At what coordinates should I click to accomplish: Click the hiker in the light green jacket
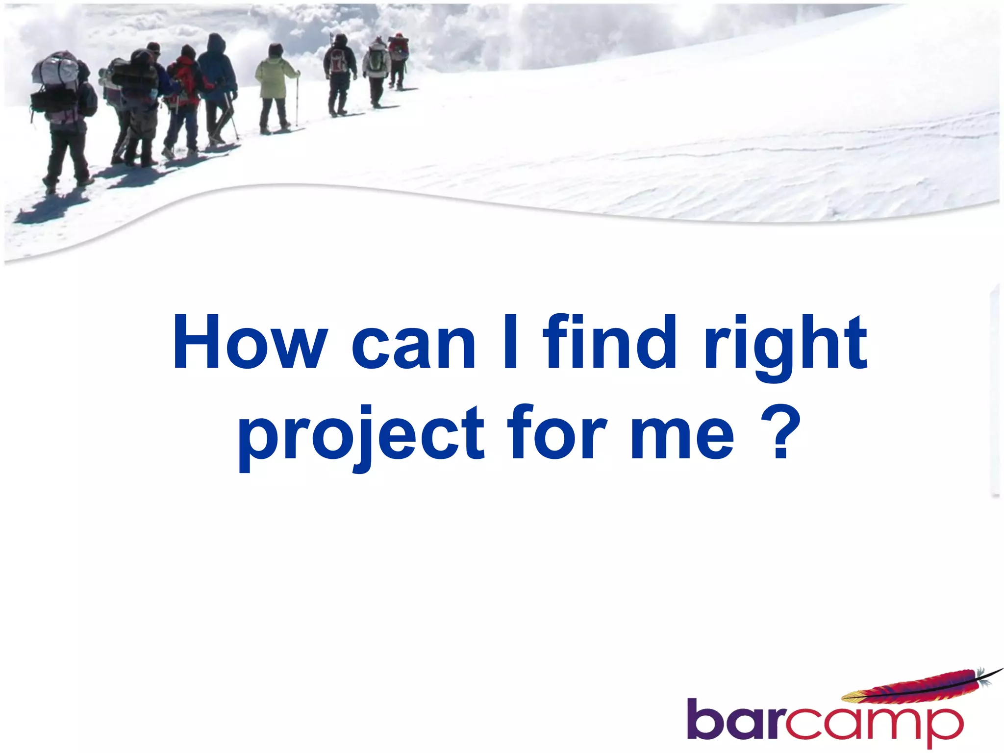(x=275, y=88)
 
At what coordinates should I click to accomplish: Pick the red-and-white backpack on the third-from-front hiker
(x=337, y=61)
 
